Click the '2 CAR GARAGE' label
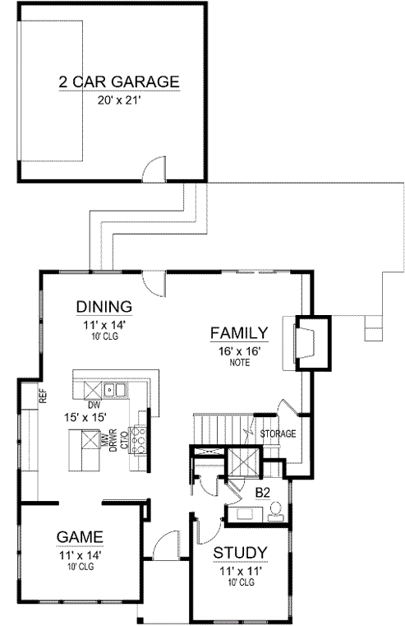coord(118,81)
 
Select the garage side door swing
coord(152,169)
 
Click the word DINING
coord(104,307)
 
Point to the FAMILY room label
coord(238,333)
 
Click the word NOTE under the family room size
coord(238,361)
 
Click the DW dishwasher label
coord(95,405)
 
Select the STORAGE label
coord(277,434)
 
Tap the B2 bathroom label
coord(263,492)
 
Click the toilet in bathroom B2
coord(277,511)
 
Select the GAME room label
coord(80,536)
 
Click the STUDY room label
coord(238,552)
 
